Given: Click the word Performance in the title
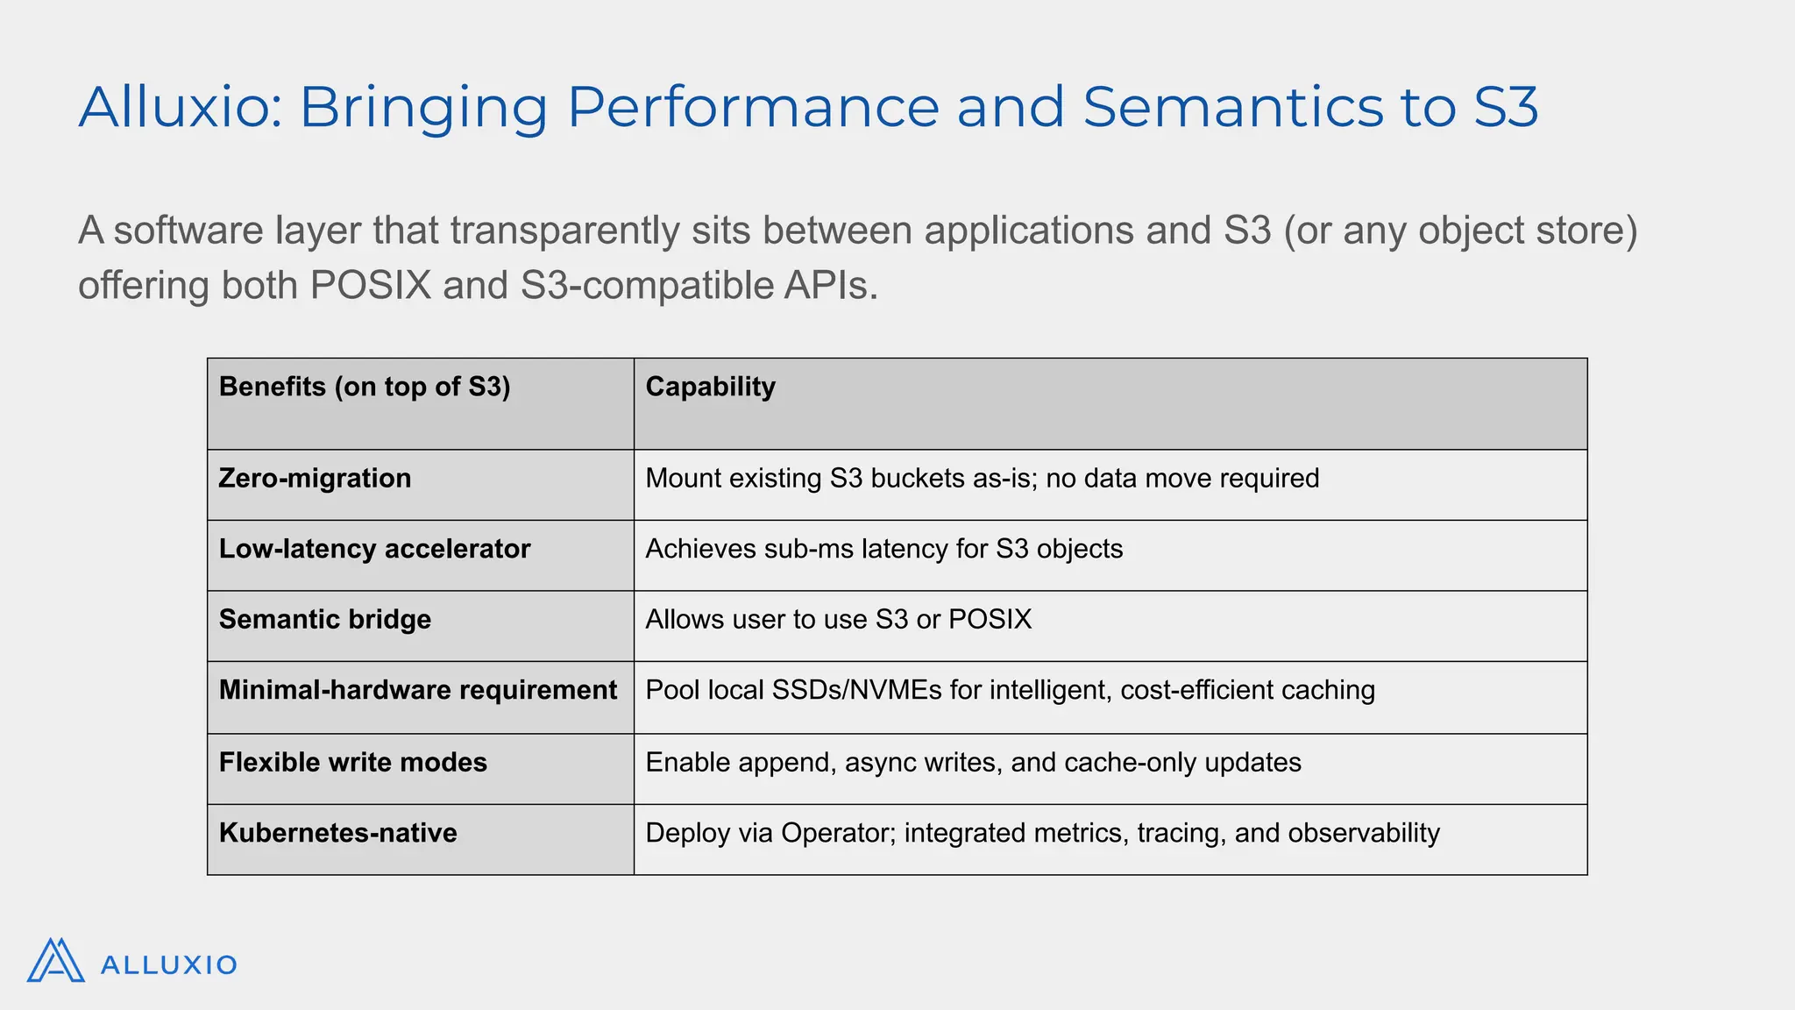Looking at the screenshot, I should (753, 108).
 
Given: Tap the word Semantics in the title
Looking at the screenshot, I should (1231, 108).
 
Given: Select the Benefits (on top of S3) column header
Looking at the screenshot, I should (365, 387).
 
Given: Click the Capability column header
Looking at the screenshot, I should (710, 387).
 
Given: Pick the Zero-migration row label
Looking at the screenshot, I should (315, 479).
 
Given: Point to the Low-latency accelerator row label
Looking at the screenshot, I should (374, 549).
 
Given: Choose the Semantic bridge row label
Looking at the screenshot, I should (324, 620).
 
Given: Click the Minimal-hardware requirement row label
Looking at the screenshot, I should (417, 690).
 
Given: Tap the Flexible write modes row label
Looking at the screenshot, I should (352, 762).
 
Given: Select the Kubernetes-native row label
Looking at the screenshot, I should (337, 833).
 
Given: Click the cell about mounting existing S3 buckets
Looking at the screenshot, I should (982, 479).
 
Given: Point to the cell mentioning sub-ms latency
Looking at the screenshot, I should (883, 549).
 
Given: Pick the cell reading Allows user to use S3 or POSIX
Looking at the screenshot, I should (838, 620).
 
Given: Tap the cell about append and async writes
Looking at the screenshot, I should (973, 762).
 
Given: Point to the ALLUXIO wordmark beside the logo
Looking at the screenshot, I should (168, 965).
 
